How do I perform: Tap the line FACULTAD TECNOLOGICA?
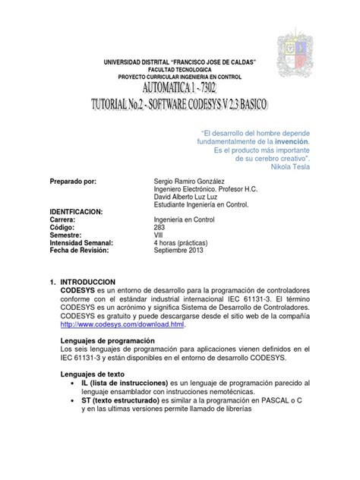[179, 68]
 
